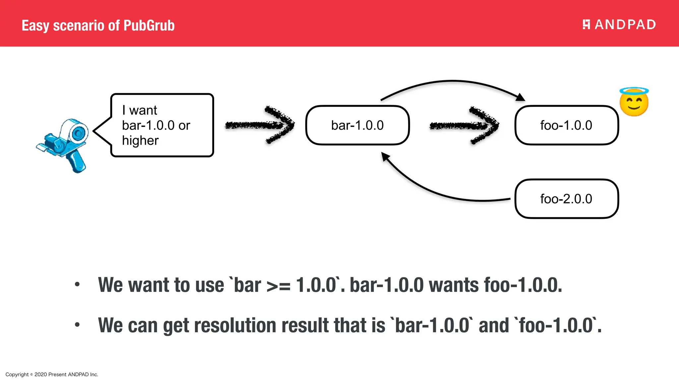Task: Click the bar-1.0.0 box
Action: [357, 125]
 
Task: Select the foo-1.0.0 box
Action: [566, 125]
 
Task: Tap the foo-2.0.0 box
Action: [566, 199]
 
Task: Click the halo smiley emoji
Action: [634, 102]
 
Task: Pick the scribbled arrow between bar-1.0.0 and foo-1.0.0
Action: [464, 125]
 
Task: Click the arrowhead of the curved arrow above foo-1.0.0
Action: [521, 97]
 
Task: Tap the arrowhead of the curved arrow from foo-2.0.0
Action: [386, 157]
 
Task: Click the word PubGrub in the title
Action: [149, 26]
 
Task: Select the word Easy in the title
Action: [35, 26]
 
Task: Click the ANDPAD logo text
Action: [625, 25]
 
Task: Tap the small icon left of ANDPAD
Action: [586, 25]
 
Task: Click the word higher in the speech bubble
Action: [140, 141]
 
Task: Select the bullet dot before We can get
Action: [77, 325]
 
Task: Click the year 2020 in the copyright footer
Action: [40, 374]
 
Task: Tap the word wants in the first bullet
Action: [454, 285]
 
